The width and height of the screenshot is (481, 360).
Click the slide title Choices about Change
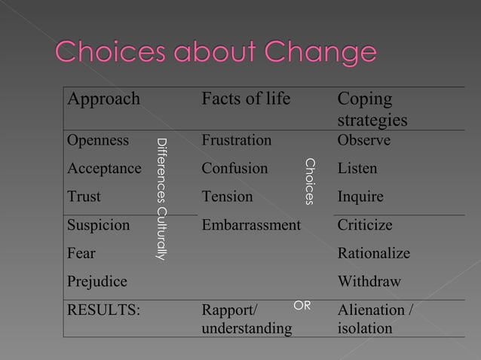(215, 53)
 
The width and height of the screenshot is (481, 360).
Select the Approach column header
(103, 99)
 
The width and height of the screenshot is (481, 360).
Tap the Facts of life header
(246, 99)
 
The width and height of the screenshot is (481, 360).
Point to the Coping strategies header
(372, 110)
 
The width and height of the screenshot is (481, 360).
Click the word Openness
(98, 140)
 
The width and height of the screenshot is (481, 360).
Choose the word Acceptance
(104, 168)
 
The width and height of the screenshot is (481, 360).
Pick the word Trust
(84, 197)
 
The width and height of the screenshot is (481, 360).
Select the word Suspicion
(98, 224)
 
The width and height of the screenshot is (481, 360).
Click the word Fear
(81, 253)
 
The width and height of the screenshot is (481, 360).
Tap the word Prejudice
(97, 281)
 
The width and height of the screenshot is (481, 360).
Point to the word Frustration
(236, 140)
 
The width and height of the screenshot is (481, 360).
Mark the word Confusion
(234, 168)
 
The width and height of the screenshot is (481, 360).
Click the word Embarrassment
(250, 224)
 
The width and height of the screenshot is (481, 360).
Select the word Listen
(357, 168)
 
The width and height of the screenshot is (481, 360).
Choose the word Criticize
(365, 224)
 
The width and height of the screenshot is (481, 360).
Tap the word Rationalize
(373, 253)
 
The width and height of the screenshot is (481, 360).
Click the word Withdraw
(369, 281)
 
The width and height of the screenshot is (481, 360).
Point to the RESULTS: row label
(103, 310)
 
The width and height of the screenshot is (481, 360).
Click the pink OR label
(302, 305)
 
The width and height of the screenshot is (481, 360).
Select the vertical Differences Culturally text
(160, 200)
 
